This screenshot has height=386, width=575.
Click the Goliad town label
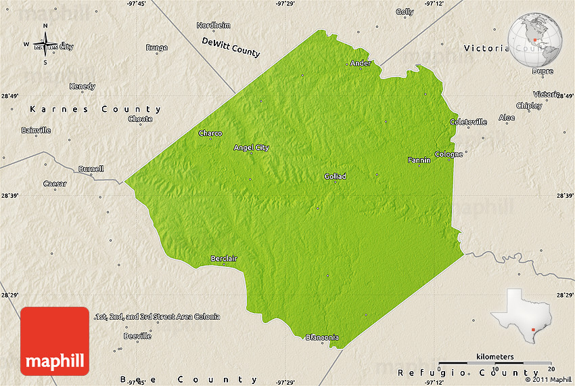335,176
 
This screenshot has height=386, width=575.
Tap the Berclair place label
224,259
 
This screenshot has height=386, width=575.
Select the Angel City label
251,148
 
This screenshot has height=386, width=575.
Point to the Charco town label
210,133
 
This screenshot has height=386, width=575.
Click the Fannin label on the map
419,160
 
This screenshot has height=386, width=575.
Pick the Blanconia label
322,337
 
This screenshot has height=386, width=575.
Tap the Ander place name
361,64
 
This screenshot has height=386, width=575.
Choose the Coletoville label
468,122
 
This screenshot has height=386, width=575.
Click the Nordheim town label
214,25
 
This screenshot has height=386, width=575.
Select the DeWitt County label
231,46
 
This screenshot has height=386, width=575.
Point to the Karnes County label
95,109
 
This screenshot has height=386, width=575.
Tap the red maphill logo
55,341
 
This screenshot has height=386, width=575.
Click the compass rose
45,45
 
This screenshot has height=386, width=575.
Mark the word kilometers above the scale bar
495,357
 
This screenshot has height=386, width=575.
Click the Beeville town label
137,336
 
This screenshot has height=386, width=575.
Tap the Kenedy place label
83,86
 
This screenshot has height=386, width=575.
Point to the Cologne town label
449,154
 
